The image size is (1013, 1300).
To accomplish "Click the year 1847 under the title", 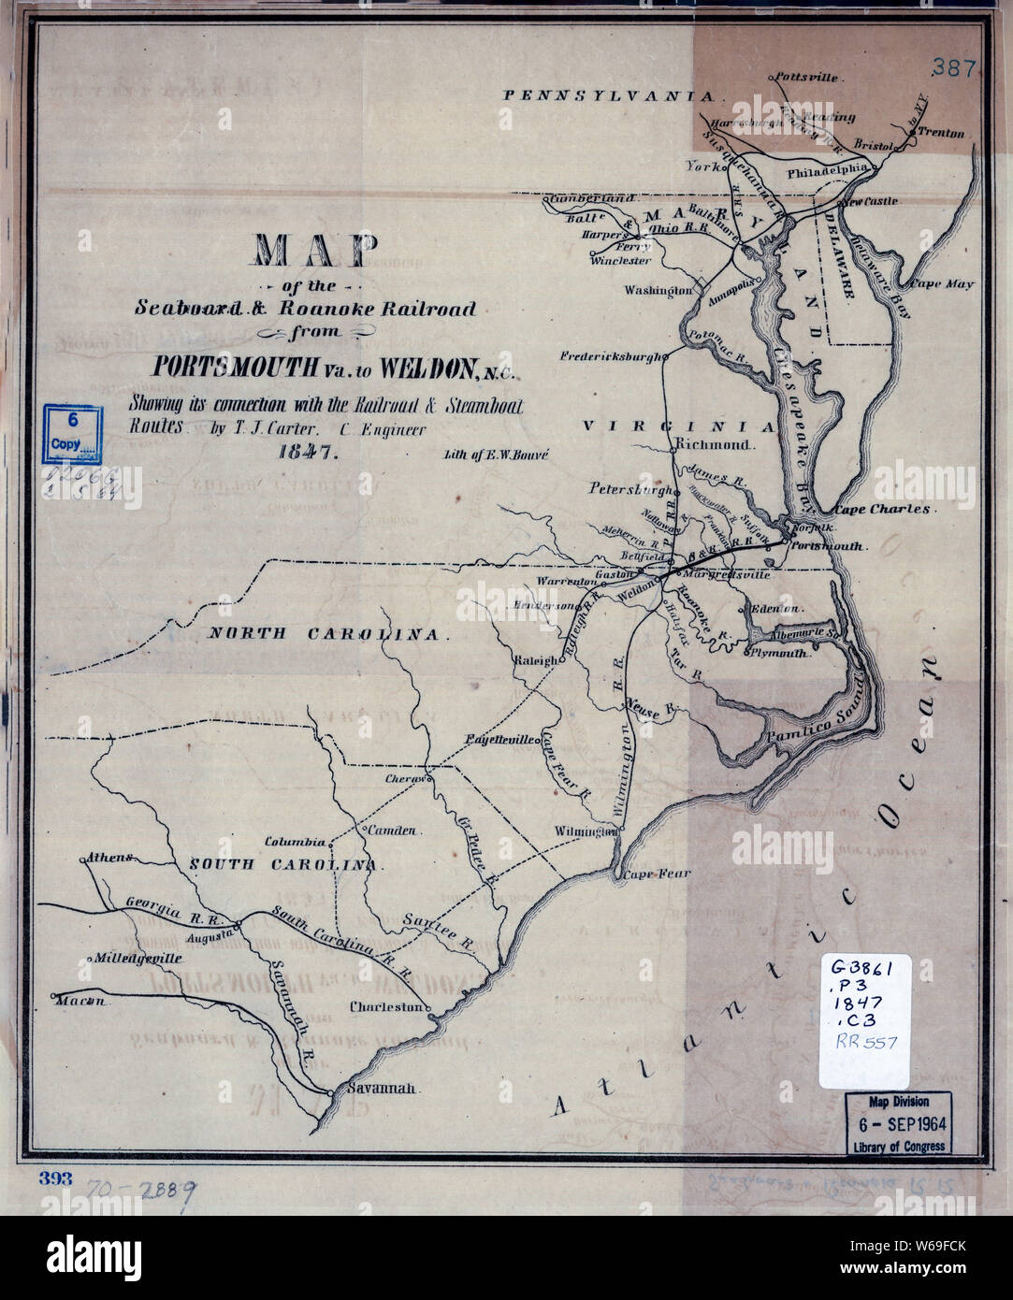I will click(x=307, y=452).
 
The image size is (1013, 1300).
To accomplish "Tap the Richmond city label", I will click(x=714, y=443).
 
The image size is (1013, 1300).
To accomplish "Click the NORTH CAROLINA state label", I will click(x=324, y=633).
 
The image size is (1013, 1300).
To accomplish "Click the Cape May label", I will click(x=942, y=283).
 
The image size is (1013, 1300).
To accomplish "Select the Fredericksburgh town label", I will click(x=611, y=356).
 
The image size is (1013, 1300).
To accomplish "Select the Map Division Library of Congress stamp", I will click(x=899, y=1123).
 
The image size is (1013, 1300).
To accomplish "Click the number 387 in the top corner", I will click(x=953, y=67).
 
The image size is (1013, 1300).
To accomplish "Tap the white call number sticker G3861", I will click(x=863, y=1021).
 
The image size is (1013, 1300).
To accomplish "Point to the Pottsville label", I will click(x=807, y=78).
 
